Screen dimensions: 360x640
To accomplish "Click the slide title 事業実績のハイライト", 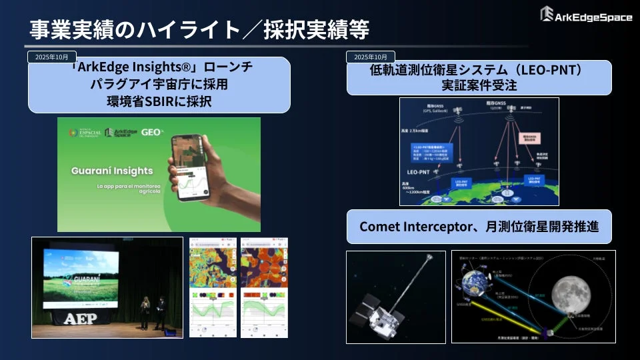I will tap(133, 29).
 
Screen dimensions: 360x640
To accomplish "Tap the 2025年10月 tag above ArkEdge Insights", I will tap(51, 57).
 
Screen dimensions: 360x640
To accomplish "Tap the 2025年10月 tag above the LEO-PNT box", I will tap(371, 57).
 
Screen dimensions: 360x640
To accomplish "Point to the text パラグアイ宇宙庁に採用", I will tap(159, 84).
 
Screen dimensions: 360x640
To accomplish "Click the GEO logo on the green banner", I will tap(151, 132).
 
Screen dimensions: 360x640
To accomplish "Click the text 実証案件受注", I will tap(479, 86).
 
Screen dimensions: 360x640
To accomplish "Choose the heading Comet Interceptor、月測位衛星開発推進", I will tap(479, 227).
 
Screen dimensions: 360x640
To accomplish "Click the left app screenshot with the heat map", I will tap(213, 287).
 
